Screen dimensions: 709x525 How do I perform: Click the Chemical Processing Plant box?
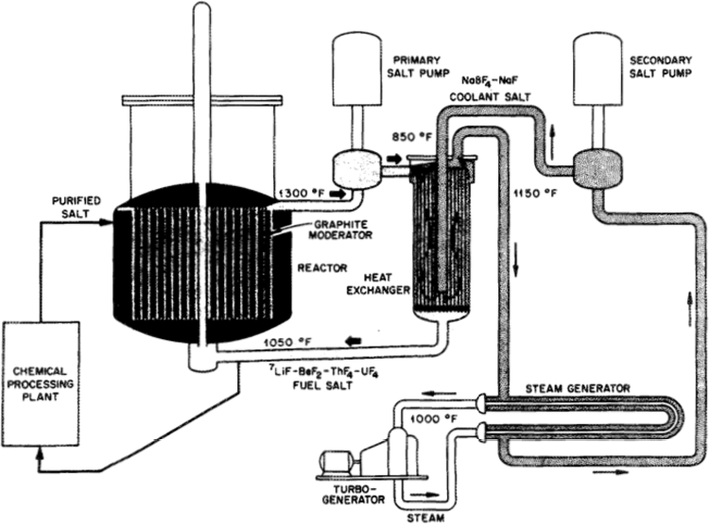(42, 384)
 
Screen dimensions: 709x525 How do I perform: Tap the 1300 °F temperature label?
(302, 194)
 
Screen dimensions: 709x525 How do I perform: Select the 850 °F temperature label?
(408, 137)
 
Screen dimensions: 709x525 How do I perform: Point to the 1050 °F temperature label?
(288, 342)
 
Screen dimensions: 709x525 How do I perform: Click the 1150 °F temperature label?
(535, 194)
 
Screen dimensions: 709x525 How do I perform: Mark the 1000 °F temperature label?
(435, 420)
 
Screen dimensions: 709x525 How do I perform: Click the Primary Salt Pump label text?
(418, 66)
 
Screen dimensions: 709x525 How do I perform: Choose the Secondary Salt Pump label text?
(661, 66)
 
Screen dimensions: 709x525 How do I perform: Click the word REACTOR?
(322, 268)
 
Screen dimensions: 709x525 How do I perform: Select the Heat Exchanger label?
(378, 283)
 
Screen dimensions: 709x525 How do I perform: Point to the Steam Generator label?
(578, 388)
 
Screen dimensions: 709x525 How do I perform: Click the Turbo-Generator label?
(354, 494)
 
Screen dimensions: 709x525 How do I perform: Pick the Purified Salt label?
(77, 207)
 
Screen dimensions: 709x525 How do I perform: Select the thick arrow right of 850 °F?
(394, 159)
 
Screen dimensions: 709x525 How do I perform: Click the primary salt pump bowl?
(357, 168)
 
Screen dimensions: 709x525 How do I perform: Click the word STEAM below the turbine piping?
(425, 517)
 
